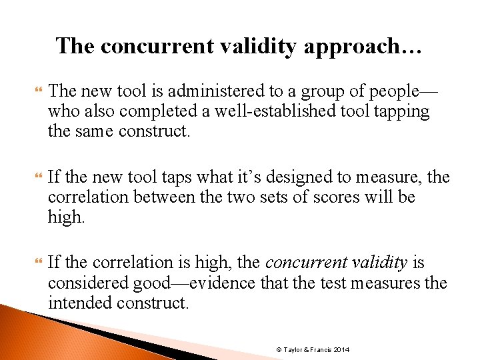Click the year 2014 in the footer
coord(341,350)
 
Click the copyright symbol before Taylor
coord(279,350)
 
